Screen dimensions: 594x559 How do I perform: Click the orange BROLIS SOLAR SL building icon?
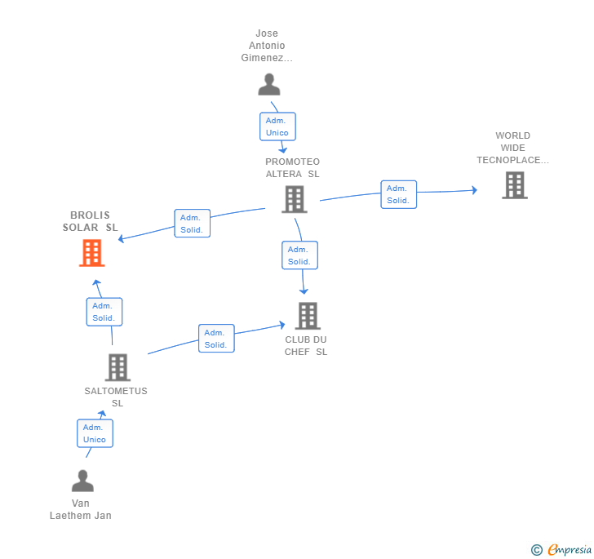pyautogui.click(x=92, y=253)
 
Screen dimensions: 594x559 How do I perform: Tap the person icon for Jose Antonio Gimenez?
pyautogui.click(x=269, y=85)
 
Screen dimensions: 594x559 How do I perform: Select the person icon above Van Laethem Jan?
pyautogui.click(x=82, y=481)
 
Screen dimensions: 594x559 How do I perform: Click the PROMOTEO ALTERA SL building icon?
pyautogui.click(x=295, y=199)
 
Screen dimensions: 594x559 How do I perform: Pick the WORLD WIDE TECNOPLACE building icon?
pyautogui.click(x=515, y=185)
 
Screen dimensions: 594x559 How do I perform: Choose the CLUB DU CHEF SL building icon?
pyautogui.click(x=308, y=316)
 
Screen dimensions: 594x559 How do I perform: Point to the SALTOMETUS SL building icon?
pyautogui.click(x=117, y=367)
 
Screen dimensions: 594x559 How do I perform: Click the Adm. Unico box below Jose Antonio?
pyautogui.click(x=277, y=126)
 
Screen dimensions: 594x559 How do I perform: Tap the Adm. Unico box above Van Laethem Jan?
pyautogui.click(x=95, y=433)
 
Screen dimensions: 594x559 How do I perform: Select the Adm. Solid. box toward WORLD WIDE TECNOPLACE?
pyautogui.click(x=398, y=194)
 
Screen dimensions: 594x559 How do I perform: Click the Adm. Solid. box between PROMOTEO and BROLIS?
pyautogui.click(x=192, y=224)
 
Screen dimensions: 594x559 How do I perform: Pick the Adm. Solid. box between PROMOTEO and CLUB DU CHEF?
pyautogui.click(x=299, y=255)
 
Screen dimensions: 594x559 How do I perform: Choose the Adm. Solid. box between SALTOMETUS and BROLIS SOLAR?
pyautogui.click(x=104, y=312)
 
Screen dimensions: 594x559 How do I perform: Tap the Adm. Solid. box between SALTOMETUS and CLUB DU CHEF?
pyautogui.click(x=216, y=339)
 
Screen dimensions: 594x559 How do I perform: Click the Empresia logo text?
pyautogui.click(x=570, y=549)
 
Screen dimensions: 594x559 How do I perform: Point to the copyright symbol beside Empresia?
pyautogui.click(x=536, y=549)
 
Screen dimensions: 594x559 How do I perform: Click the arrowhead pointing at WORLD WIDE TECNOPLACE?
pyautogui.click(x=474, y=190)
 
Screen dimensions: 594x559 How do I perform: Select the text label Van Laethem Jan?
pyautogui.click(x=81, y=509)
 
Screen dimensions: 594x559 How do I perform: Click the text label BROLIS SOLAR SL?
pyautogui.click(x=90, y=221)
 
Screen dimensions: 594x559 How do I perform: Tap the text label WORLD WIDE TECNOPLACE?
pyautogui.click(x=513, y=148)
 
